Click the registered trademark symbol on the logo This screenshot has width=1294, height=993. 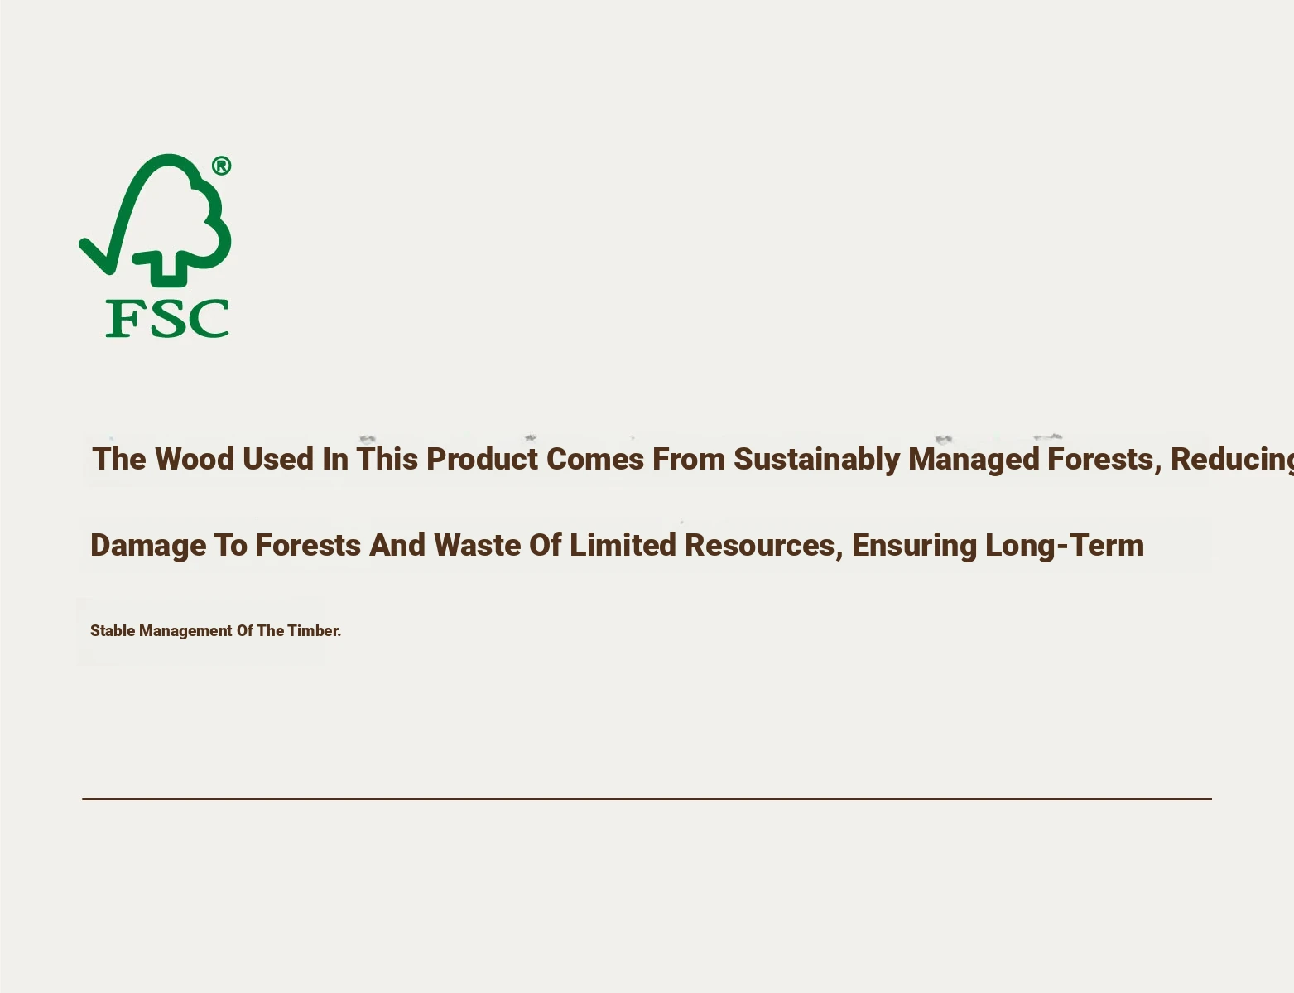click(x=222, y=166)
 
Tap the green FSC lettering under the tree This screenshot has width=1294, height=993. click(x=167, y=318)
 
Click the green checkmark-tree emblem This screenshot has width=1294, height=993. click(x=155, y=219)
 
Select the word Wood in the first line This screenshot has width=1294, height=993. click(x=194, y=460)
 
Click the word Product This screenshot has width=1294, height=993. click(x=483, y=460)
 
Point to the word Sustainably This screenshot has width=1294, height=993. click(x=816, y=460)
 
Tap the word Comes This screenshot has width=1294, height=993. click(x=595, y=460)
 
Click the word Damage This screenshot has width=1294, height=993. click(x=148, y=547)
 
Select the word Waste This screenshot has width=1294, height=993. click(x=477, y=545)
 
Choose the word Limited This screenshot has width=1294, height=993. click(x=623, y=545)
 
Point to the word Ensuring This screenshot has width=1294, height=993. click(x=914, y=547)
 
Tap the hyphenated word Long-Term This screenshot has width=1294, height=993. click(x=1065, y=547)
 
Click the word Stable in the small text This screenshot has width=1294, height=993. click(x=113, y=631)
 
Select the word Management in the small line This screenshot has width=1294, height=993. click(x=185, y=631)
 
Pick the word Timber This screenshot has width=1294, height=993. click(x=315, y=631)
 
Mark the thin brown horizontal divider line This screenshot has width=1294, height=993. click(x=647, y=799)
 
